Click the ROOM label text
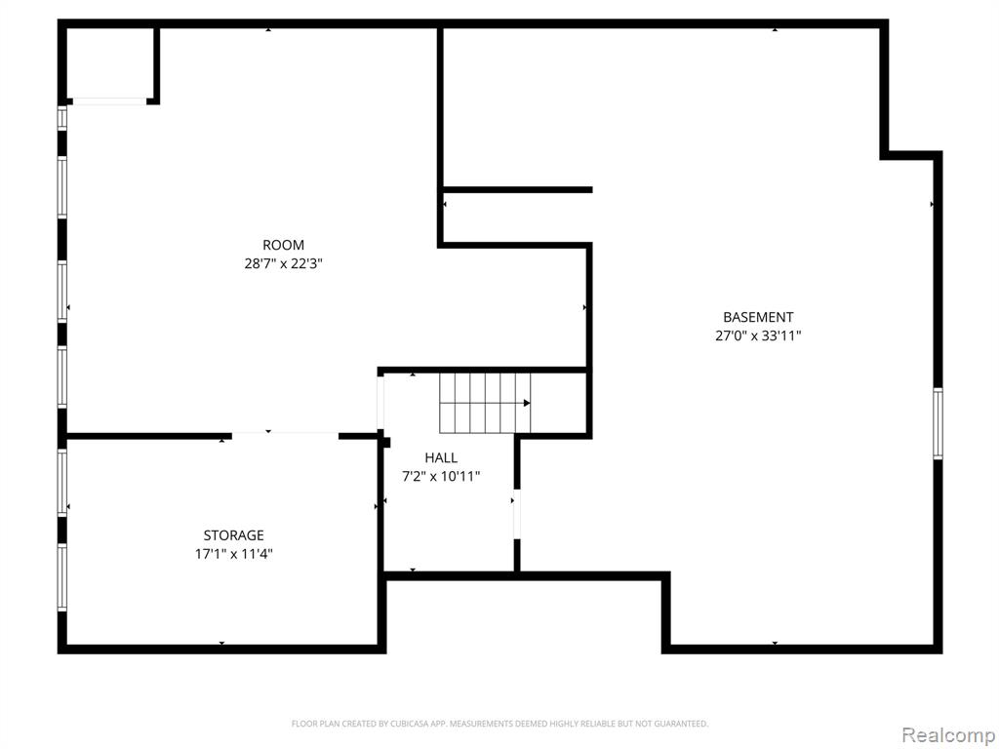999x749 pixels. pyautogui.click(x=283, y=245)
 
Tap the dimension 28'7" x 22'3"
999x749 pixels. pyautogui.click(x=284, y=263)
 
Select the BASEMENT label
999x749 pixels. pyautogui.click(x=758, y=317)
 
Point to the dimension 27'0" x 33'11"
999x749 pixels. pyautogui.click(x=758, y=335)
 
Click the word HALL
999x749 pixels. pyautogui.click(x=441, y=457)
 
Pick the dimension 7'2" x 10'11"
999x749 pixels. pyautogui.click(x=441, y=476)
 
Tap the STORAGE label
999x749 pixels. pyautogui.click(x=233, y=535)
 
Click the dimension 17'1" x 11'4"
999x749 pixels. pyautogui.click(x=234, y=554)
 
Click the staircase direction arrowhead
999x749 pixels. pyautogui.click(x=527, y=403)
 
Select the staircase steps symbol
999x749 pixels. pyautogui.click(x=485, y=403)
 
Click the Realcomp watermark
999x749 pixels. pyautogui.click(x=947, y=734)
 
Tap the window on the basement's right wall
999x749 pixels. pyautogui.click(x=938, y=423)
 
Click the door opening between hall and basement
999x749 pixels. pyautogui.click(x=517, y=515)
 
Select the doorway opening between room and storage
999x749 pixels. pyautogui.click(x=285, y=436)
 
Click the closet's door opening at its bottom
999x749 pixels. pyautogui.click(x=109, y=101)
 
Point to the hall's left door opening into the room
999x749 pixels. pyautogui.click(x=381, y=403)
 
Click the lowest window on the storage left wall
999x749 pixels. pyautogui.click(x=62, y=577)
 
